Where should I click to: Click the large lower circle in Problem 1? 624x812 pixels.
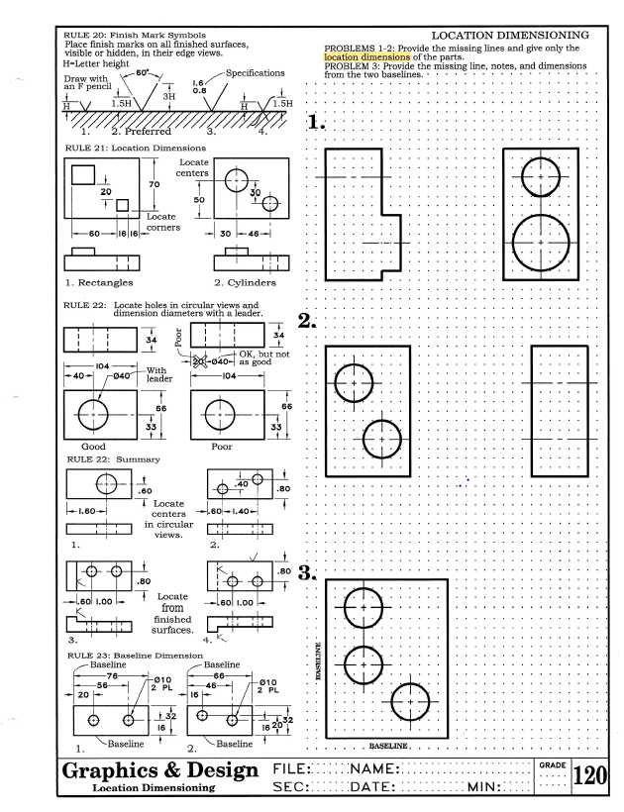click(540, 242)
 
